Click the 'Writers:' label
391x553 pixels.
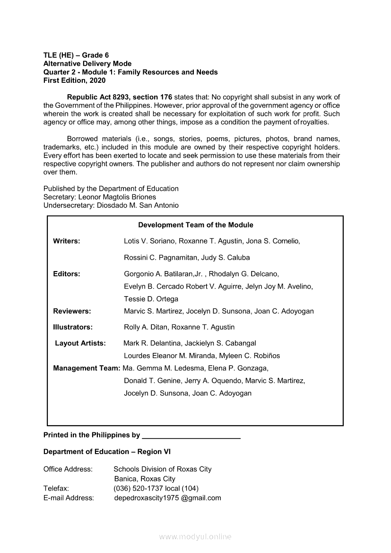pos(67,241)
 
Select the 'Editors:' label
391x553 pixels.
pos(67,274)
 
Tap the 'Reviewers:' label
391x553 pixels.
pos(72,311)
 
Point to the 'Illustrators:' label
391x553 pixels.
pos(73,327)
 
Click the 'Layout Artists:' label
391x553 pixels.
pos(80,343)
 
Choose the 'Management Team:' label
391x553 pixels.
pos(87,368)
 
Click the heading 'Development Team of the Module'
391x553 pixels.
pos(196,225)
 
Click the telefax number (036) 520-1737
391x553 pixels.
pos(139,488)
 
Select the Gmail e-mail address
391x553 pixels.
pos(167,498)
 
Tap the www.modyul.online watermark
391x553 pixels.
pos(195,537)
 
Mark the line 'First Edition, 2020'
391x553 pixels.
pos(74,81)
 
